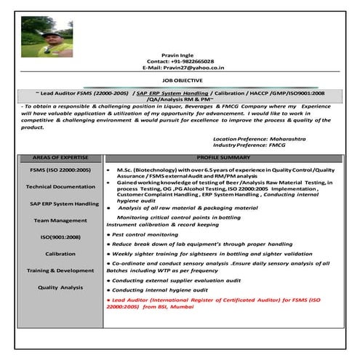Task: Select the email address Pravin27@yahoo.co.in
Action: tap(183, 68)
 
